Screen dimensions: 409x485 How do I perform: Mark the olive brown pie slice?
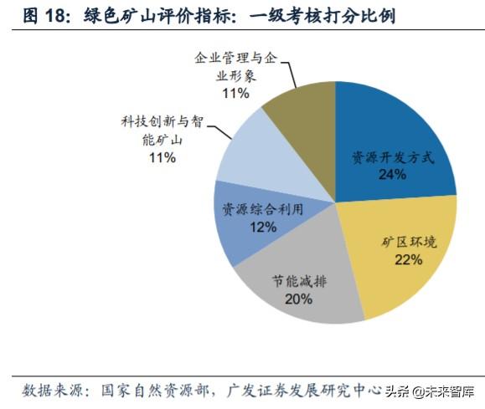pyautogui.click(x=302, y=109)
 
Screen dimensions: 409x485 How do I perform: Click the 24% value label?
pyautogui.click(x=392, y=174)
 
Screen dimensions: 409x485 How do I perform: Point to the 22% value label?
pyautogui.click(x=408, y=259)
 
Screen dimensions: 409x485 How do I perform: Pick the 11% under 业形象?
pyautogui.click(x=234, y=93)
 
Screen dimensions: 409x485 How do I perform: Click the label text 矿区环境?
pyautogui.click(x=409, y=242)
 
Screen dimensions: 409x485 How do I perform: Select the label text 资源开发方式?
pyautogui.click(x=392, y=157)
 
